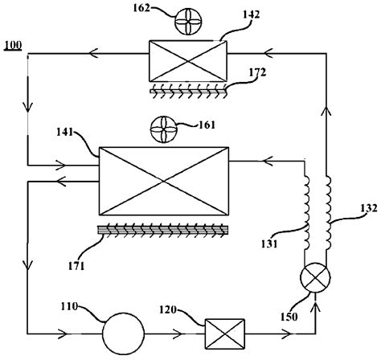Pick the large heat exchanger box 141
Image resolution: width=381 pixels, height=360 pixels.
tap(162, 181)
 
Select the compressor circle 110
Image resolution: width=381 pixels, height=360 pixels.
tap(124, 330)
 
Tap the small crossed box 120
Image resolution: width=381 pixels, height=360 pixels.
tap(219, 331)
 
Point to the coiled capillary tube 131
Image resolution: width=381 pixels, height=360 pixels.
tap(305, 205)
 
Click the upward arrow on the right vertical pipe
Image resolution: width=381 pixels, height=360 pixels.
tap(327, 112)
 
